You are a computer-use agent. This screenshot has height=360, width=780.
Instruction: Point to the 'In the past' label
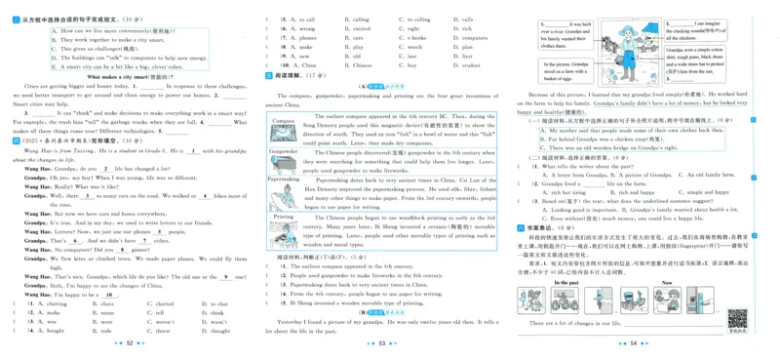coord(566,282)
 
